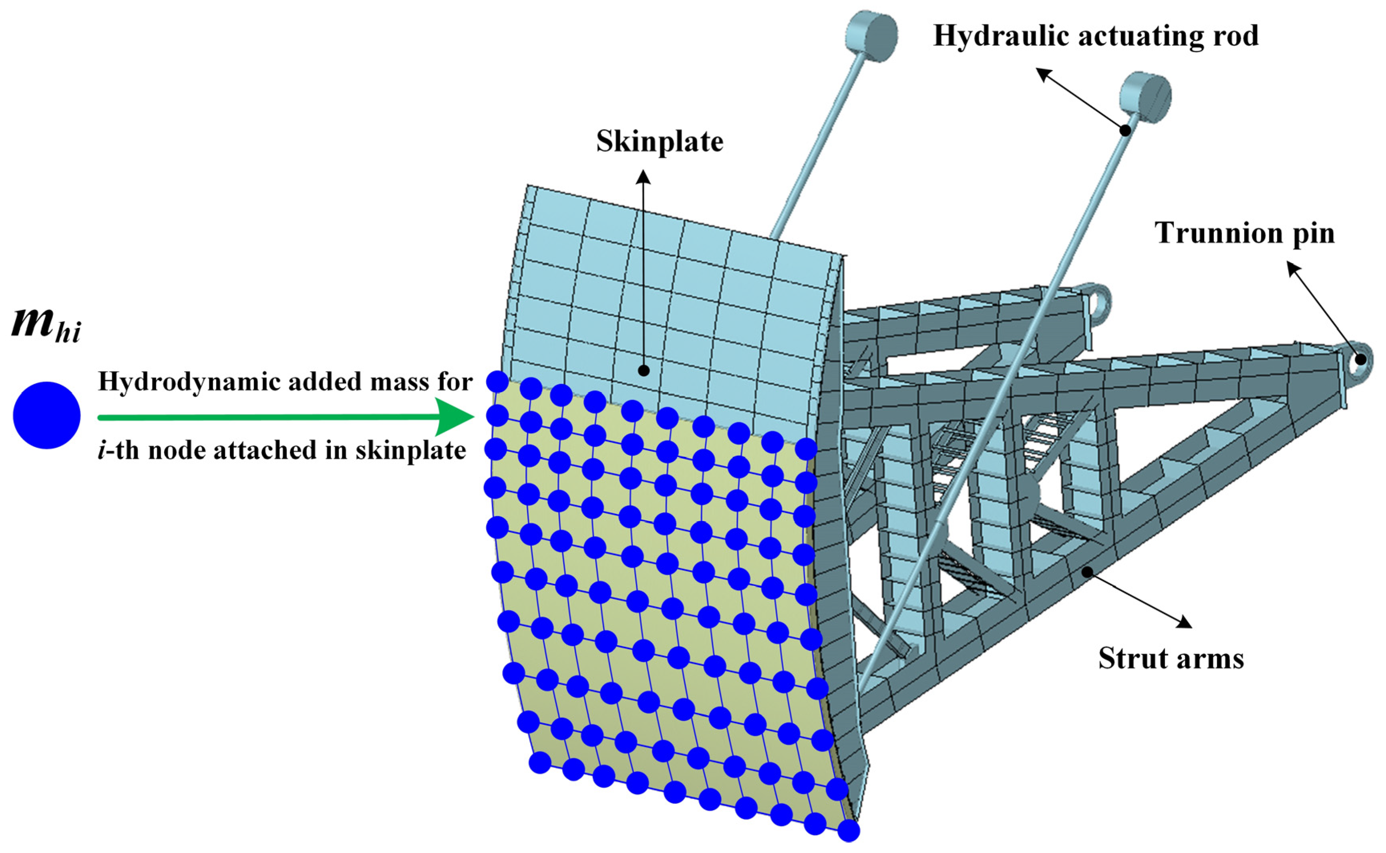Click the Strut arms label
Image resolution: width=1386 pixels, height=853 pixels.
(x=1171, y=658)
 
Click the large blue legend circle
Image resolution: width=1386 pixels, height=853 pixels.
(x=47, y=415)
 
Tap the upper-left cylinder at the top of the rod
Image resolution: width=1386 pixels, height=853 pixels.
(x=871, y=33)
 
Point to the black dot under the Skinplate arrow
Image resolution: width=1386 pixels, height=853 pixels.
(x=643, y=371)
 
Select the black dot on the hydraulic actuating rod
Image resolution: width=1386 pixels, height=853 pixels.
(x=1125, y=130)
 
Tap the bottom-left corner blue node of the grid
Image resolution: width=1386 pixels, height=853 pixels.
(x=540, y=763)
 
